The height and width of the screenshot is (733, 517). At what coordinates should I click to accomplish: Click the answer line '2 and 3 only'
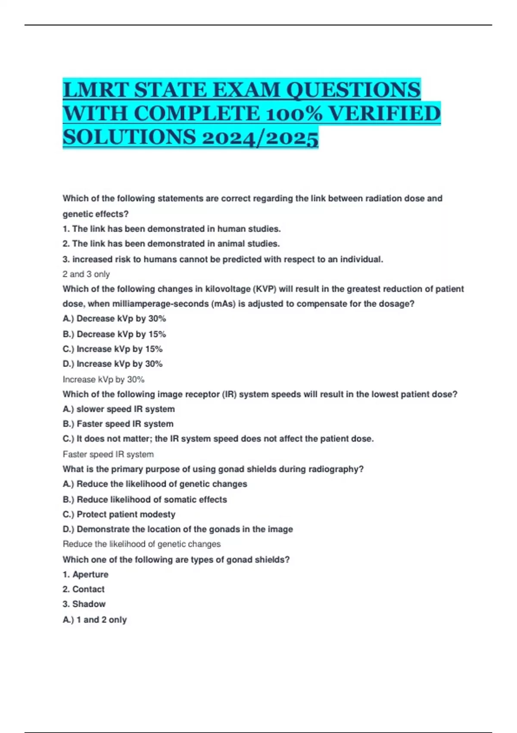(x=86, y=274)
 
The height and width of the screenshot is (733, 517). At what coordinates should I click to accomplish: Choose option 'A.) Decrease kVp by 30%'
(x=114, y=319)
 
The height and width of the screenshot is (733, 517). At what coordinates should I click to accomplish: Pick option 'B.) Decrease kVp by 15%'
(x=114, y=334)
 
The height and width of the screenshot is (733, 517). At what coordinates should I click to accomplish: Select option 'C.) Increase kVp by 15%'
(x=112, y=349)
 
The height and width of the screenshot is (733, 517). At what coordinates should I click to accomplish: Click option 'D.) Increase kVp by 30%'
(x=112, y=364)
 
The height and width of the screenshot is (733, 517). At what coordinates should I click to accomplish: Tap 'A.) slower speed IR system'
(x=118, y=409)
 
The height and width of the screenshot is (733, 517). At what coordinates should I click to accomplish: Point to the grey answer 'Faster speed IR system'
(x=108, y=454)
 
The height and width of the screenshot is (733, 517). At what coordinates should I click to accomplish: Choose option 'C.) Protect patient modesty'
(x=119, y=514)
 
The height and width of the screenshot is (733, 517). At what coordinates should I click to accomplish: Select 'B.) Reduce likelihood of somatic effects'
(x=145, y=499)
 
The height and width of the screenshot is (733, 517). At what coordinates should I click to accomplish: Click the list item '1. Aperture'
(x=85, y=574)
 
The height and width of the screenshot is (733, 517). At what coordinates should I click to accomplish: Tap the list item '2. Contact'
(x=84, y=589)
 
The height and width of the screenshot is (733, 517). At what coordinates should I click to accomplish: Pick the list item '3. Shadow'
(x=84, y=604)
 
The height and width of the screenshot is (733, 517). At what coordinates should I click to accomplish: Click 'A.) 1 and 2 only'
(x=95, y=620)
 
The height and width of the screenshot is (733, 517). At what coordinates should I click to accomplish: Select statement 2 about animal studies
(x=171, y=244)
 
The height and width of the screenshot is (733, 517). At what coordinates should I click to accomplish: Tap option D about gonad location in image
(x=178, y=529)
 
